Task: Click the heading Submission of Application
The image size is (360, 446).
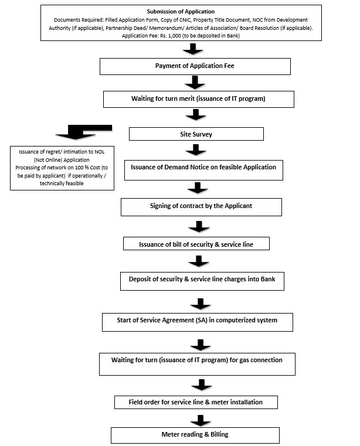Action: [x=181, y=12]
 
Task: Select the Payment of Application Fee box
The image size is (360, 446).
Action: [x=195, y=67]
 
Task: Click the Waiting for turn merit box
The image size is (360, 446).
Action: [x=199, y=99]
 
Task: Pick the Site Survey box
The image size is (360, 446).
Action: [x=196, y=134]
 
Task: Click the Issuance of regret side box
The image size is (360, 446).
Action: [x=62, y=168]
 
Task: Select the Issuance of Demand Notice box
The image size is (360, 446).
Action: [x=204, y=170]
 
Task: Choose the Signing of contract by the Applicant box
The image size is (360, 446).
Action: [x=202, y=207]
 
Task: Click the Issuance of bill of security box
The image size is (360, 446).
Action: [x=196, y=243]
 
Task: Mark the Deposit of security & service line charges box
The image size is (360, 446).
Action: [x=202, y=281]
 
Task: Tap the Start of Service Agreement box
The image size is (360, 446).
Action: [x=198, y=322]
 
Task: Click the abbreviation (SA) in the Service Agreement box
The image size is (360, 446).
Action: [x=201, y=320]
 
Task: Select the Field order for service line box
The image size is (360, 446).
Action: [x=196, y=402]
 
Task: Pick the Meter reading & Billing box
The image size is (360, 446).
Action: [x=195, y=435]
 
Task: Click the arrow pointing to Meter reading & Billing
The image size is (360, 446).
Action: [x=201, y=421]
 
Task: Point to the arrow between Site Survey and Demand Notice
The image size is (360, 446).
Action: [x=196, y=150]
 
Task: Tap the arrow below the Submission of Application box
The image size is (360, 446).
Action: [x=193, y=49]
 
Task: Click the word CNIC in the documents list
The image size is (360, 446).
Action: [x=185, y=20]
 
